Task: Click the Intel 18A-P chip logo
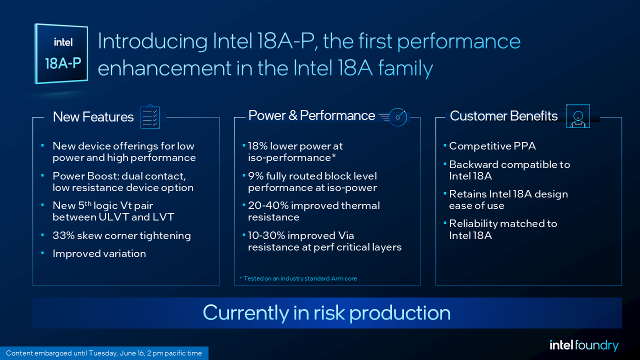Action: click(x=61, y=53)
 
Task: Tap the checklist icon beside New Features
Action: click(x=150, y=116)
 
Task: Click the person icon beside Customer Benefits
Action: click(x=578, y=116)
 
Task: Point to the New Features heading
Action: click(x=93, y=117)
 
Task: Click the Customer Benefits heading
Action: click(x=503, y=116)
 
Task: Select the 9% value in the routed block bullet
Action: click(x=255, y=176)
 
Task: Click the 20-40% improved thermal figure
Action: click(x=268, y=205)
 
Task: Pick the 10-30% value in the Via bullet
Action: click(x=266, y=235)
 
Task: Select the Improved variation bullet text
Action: click(x=99, y=253)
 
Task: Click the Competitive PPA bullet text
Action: click(x=492, y=146)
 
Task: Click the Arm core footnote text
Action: click(x=298, y=278)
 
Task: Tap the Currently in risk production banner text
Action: click(x=326, y=313)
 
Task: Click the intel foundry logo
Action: click(x=584, y=345)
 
